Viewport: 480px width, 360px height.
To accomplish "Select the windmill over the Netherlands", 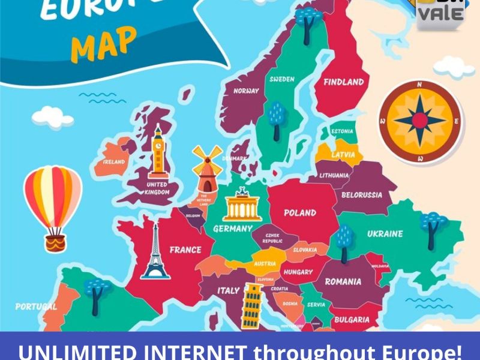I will coord(206,168).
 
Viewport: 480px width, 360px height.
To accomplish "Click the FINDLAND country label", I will coord(344,82).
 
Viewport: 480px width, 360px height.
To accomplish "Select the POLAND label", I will coord(300,212).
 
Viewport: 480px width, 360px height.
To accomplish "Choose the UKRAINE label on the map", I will coord(385,233).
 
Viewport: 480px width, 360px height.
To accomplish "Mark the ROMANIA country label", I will coord(343,281).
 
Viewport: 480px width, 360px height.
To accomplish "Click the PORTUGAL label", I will coord(36,306).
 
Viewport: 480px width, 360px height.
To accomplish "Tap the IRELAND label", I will coord(114,162).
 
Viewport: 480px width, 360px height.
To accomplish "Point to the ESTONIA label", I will coord(342,131).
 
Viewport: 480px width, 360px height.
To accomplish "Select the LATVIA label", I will coord(343,155).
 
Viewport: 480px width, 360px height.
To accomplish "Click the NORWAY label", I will coord(247,91).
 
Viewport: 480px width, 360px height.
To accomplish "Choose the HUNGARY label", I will coord(298,272).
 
